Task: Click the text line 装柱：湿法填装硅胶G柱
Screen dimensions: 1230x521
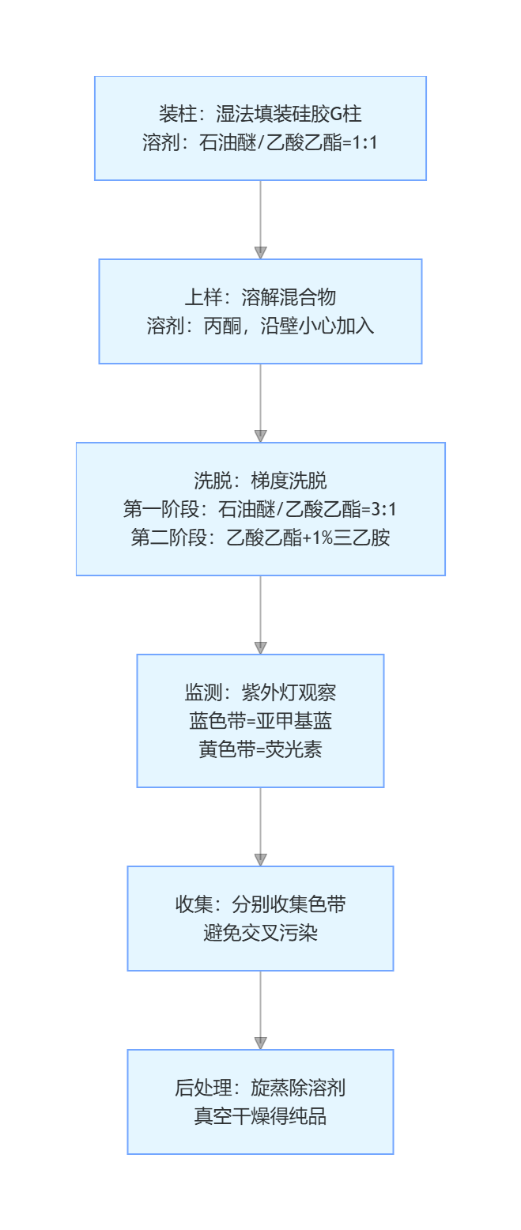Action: (260, 114)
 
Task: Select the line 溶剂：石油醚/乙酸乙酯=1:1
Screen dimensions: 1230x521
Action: (260, 142)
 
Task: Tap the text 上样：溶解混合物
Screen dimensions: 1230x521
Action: (260, 297)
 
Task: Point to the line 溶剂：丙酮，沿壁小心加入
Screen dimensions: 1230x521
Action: (260, 326)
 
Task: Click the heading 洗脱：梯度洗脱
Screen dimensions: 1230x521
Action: (260, 481)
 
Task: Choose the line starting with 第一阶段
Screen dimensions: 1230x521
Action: (260, 509)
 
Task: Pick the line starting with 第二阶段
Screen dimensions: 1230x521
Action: (260, 538)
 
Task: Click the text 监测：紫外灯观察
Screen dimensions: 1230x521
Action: (260, 692)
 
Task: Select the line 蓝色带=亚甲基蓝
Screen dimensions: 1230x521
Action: (260, 721)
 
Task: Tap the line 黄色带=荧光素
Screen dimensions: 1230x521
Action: (260, 749)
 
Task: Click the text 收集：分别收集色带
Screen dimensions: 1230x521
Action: (260, 904)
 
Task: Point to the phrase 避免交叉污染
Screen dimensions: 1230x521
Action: (260, 933)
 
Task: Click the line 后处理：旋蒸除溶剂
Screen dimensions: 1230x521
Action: (260, 1088)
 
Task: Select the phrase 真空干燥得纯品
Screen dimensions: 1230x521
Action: (260, 1116)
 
